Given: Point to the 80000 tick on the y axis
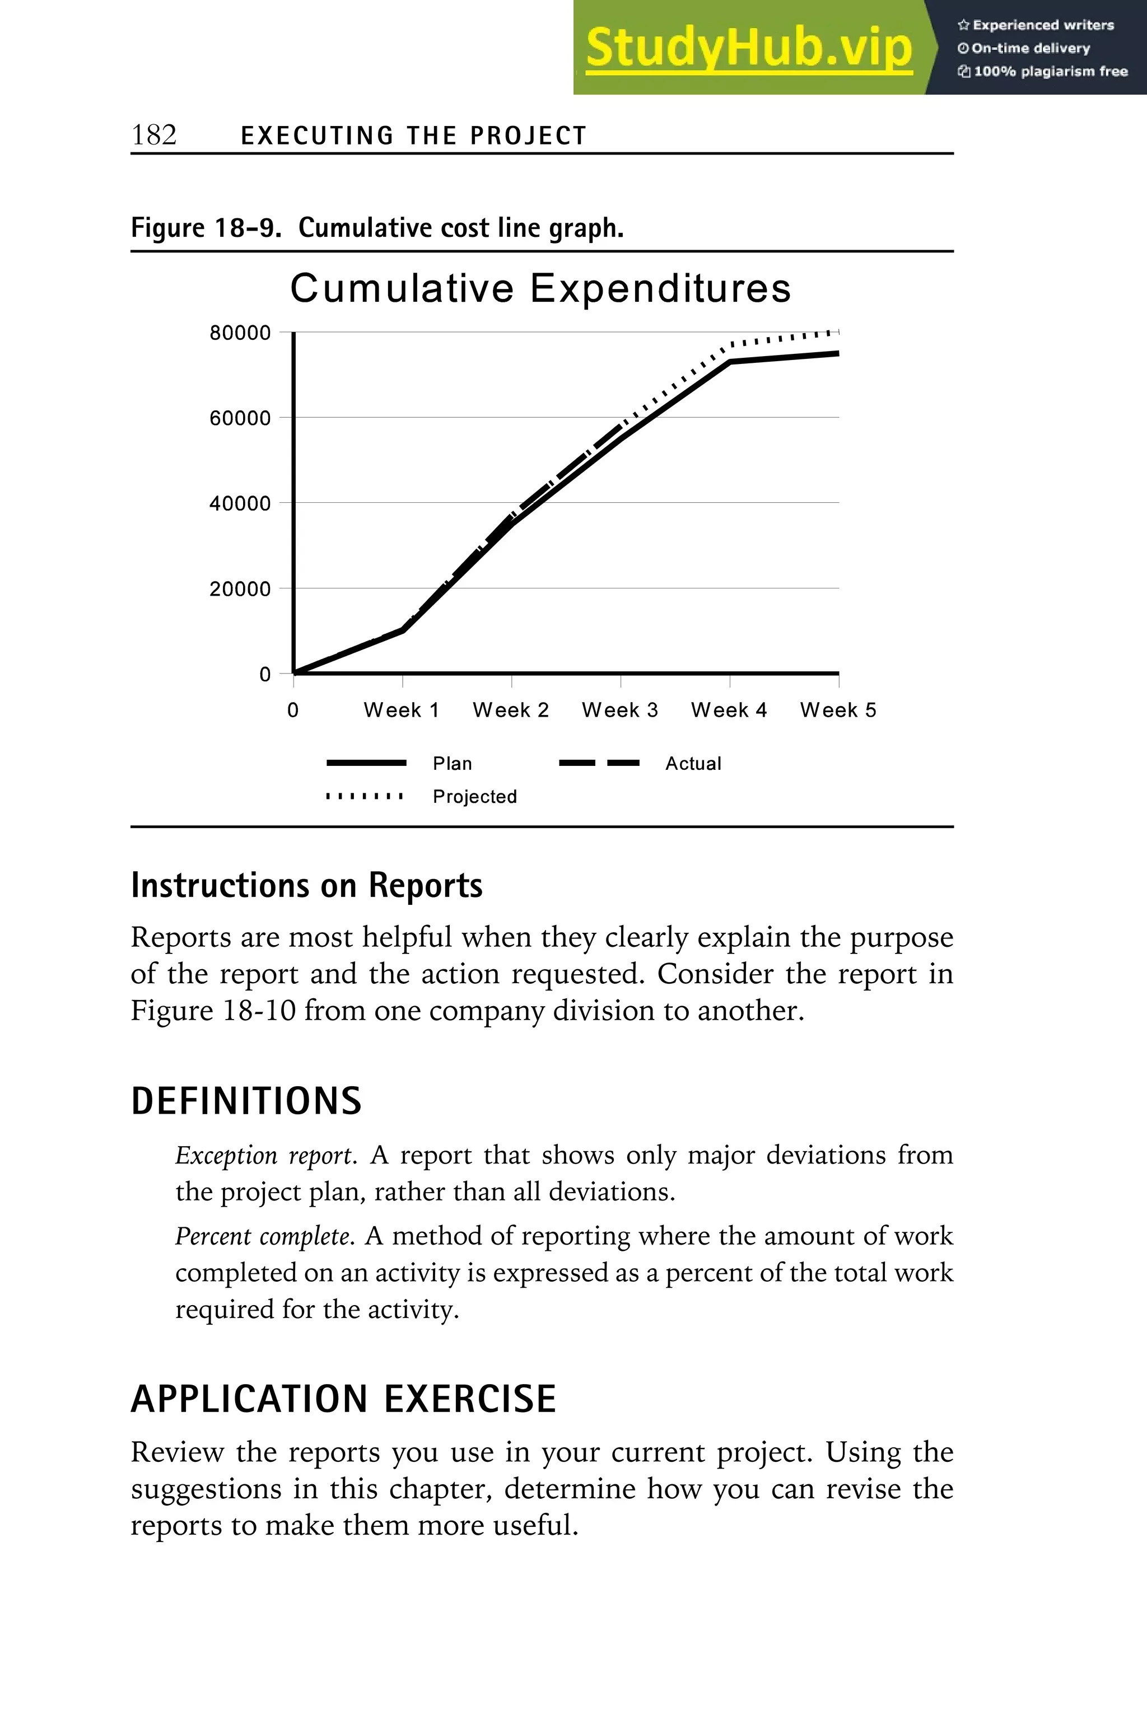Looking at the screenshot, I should coord(240,333).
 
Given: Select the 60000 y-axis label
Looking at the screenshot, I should coord(240,418).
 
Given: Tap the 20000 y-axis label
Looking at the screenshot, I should coord(240,588).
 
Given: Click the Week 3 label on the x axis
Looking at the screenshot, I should coord(619,710).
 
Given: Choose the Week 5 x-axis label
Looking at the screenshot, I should coord(838,710).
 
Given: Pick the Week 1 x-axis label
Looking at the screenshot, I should coord(401,710).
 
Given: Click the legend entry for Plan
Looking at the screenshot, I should coord(452,764).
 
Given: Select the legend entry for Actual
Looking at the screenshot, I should coord(693,764).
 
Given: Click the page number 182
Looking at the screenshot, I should coord(153,135).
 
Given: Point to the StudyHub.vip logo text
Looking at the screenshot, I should coord(748,48).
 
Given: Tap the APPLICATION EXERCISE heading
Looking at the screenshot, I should coord(343,1399).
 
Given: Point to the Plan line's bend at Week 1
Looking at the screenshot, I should coord(402,630).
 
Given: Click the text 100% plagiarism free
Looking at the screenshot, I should coord(1050,72).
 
